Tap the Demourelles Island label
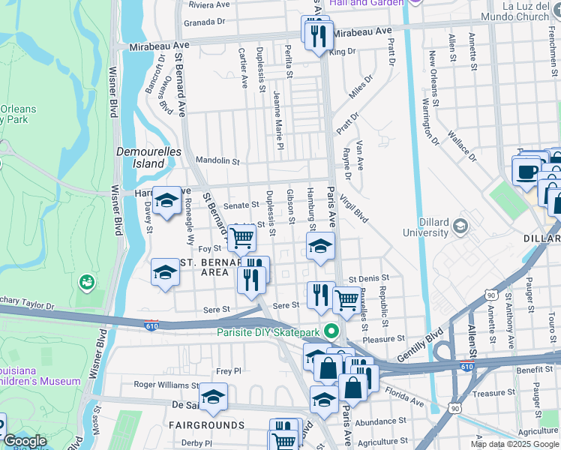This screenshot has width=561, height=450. (141, 157)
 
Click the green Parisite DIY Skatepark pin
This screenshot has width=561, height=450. (337, 331)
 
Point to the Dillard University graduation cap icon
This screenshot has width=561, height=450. (461, 226)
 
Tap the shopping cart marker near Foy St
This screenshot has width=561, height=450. (241, 238)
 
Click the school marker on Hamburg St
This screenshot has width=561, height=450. (320, 247)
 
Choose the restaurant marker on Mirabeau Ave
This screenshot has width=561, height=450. (317, 33)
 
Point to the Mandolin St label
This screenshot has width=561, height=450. (217, 160)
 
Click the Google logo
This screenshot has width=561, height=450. (25, 442)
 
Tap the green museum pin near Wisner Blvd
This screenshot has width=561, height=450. (87, 282)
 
